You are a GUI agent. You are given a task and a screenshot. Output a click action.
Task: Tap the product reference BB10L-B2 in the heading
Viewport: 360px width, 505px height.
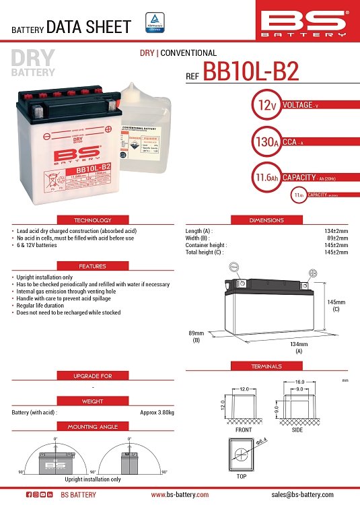pyautogui.click(x=251, y=73)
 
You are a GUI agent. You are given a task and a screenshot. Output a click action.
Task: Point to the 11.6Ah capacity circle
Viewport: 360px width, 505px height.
pyautogui.click(x=263, y=178)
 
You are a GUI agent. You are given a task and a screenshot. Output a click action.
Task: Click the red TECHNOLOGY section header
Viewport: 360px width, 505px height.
pyautogui.click(x=93, y=220)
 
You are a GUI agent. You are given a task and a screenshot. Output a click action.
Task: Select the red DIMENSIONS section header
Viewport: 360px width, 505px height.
pyautogui.click(x=266, y=220)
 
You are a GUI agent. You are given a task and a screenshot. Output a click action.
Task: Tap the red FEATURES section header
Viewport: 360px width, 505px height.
pyautogui.click(x=93, y=266)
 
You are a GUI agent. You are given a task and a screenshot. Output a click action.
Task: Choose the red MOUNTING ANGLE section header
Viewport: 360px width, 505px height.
pyautogui.click(x=93, y=427)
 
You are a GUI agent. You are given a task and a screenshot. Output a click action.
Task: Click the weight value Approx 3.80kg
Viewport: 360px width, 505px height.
pyautogui.click(x=157, y=412)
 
